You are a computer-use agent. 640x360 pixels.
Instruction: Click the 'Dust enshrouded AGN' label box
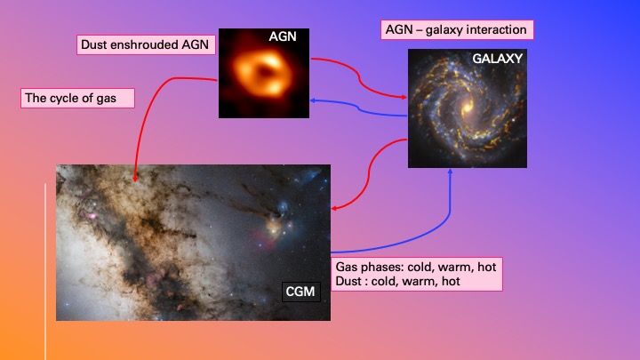click(x=146, y=44)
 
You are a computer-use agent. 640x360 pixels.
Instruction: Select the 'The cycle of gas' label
click(x=77, y=99)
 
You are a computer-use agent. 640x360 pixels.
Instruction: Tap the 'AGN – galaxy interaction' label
click(x=457, y=30)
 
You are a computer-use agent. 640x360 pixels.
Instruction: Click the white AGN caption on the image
click(x=283, y=36)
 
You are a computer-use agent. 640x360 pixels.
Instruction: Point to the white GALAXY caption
click(x=497, y=59)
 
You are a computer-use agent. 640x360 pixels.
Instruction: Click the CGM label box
click(x=300, y=292)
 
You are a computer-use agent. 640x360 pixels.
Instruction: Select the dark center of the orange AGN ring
click(x=265, y=72)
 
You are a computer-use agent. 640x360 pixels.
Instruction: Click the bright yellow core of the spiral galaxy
click(x=467, y=108)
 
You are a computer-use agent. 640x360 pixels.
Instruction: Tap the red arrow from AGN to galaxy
click(x=359, y=76)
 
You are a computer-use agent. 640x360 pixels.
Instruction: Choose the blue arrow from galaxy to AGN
click(x=358, y=108)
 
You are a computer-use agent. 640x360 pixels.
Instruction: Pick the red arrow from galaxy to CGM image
click(x=370, y=174)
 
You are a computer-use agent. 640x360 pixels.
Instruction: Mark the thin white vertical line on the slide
click(x=45, y=272)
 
